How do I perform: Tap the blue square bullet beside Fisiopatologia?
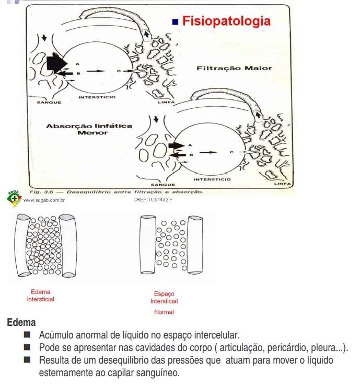[176, 22]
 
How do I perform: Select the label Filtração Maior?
[234, 67]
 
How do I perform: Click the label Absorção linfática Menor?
[82, 129]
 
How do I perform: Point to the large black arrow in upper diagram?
[56, 63]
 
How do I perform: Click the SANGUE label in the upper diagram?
[49, 103]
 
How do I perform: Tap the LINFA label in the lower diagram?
[283, 184]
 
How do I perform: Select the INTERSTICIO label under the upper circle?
[97, 97]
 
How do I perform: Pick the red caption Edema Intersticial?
[41, 296]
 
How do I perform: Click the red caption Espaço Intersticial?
[164, 298]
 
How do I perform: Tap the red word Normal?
[164, 312]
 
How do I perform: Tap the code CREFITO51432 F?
[154, 200]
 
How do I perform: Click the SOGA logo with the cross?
[14, 198]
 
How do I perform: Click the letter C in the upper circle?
[119, 70]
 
